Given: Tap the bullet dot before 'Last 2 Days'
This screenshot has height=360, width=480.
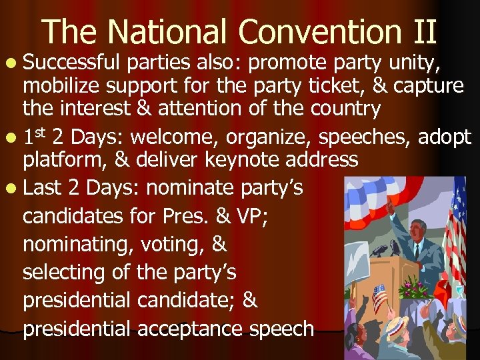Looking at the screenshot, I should [x=13, y=189].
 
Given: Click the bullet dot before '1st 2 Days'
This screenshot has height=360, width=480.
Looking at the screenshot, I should [x=13, y=138].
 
